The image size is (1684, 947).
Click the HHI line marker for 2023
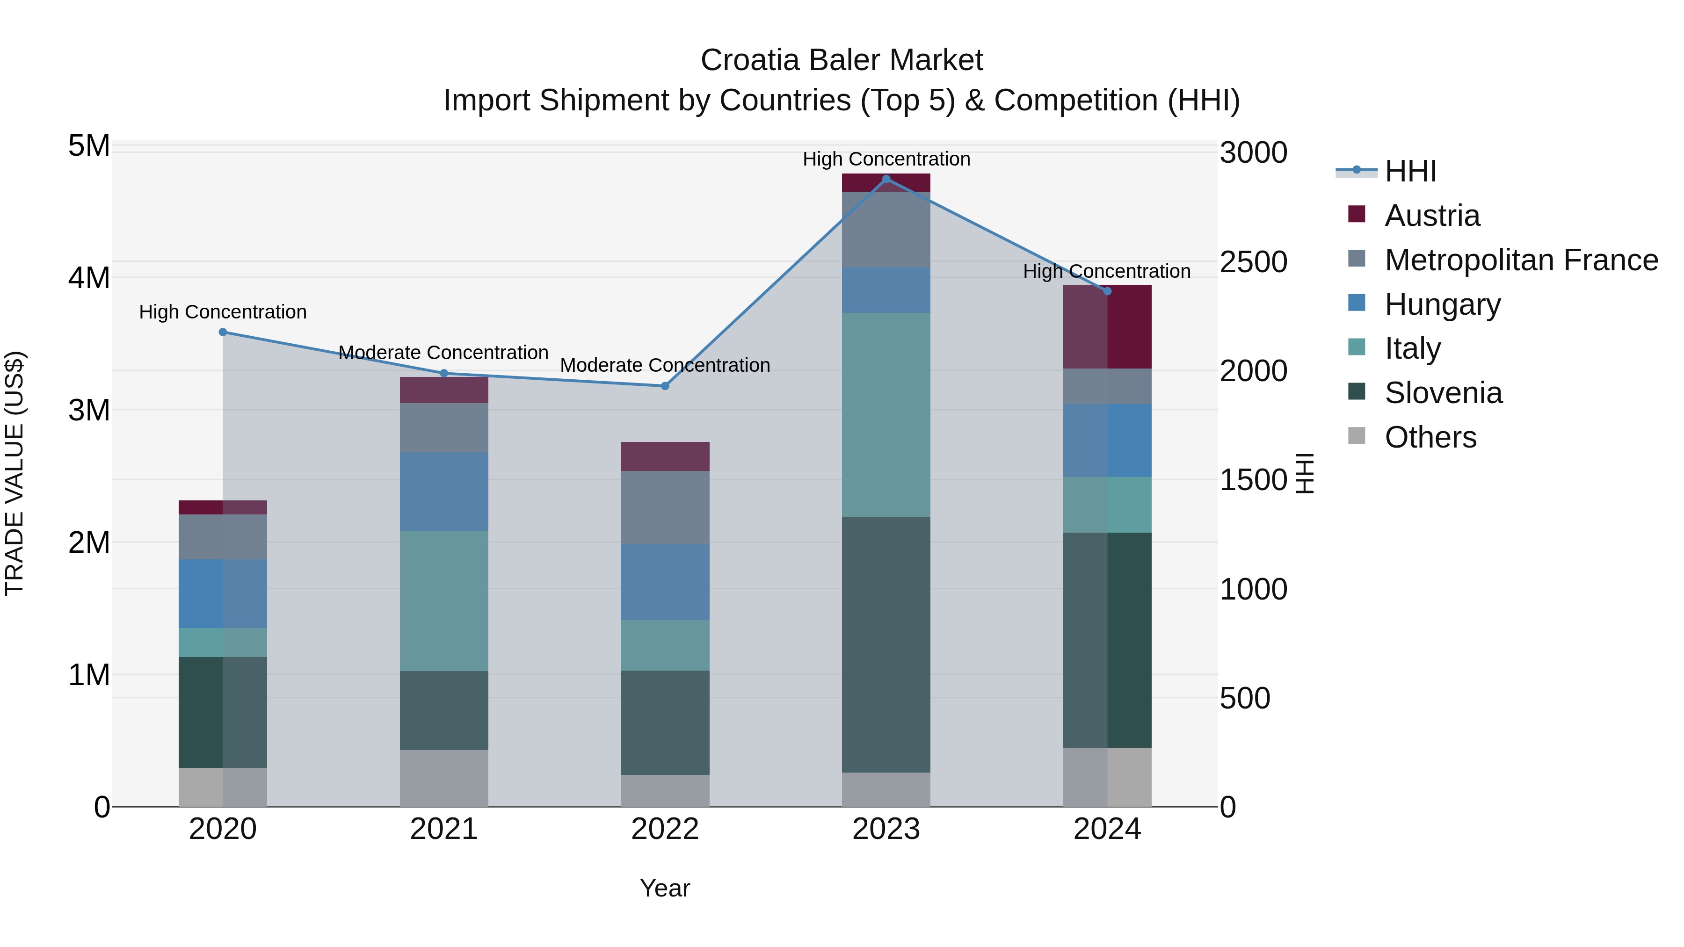(x=886, y=179)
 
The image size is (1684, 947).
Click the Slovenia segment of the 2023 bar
(x=886, y=644)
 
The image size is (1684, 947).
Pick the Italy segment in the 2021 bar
(x=444, y=600)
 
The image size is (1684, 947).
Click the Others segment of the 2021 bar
(x=444, y=778)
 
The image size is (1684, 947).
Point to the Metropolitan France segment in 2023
(x=886, y=230)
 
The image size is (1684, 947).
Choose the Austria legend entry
(x=1432, y=216)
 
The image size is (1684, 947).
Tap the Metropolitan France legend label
(x=1521, y=260)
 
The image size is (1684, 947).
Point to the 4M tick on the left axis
(x=89, y=278)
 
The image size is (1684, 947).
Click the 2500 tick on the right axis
(x=1253, y=262)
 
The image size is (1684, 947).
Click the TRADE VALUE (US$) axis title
(x=15, y=473)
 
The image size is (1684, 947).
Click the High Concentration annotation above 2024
(x=1106, y=271)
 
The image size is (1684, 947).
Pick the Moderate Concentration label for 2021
(x=443, y=353)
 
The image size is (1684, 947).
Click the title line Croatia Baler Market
(x=842, y=60)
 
